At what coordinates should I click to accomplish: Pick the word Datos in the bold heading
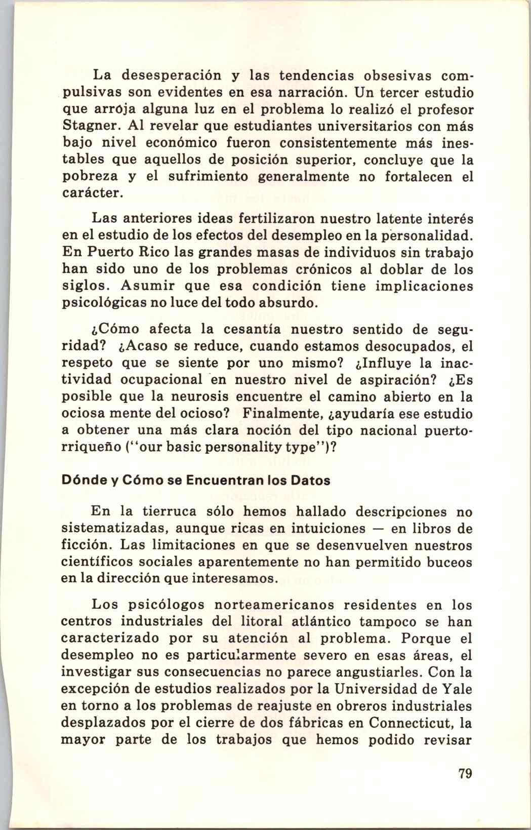pos(307,481)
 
